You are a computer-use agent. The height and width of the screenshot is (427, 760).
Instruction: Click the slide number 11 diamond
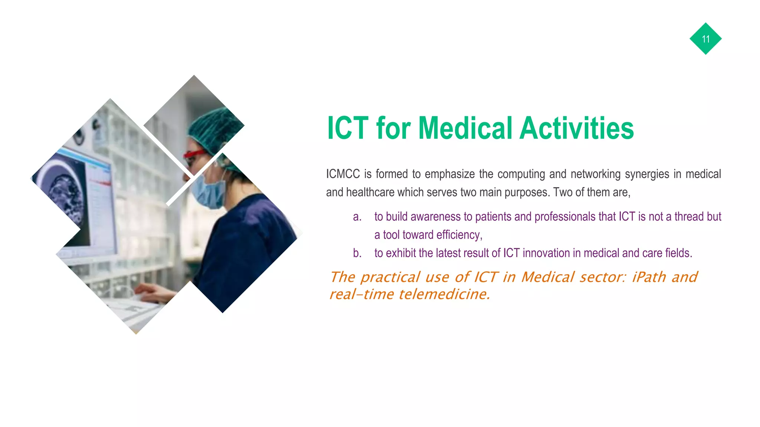point(705,39)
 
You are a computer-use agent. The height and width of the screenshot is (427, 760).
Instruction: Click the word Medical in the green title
point(465,128)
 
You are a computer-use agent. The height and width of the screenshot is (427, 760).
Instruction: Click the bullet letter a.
point(357,217)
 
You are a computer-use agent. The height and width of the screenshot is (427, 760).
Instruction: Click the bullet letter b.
point(357,253)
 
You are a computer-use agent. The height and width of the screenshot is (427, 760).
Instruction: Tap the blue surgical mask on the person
point(208,191)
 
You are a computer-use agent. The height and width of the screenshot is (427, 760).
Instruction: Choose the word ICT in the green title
point(348,128)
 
